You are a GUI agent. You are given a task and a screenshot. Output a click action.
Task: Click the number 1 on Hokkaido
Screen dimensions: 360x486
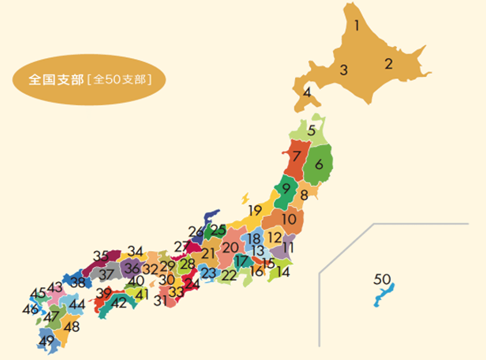point(357,26)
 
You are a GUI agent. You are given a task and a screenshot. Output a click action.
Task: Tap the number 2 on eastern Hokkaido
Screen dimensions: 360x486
point(388,64)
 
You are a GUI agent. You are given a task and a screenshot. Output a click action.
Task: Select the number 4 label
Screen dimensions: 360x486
point(307,93)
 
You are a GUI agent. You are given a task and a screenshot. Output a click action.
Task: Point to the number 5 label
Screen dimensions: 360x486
point(311,131)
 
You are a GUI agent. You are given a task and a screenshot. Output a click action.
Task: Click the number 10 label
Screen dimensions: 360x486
point(289,219)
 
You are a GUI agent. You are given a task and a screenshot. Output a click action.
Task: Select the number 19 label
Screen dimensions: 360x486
point(255,210)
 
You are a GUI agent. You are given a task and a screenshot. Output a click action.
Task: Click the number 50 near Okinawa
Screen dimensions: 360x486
point(382,280)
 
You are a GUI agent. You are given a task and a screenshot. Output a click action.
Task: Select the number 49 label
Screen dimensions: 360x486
point(46,341)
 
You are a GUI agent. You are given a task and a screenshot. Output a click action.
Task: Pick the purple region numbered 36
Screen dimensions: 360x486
point(132,268)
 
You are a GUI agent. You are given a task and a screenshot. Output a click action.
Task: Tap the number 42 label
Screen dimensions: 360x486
point(118,303)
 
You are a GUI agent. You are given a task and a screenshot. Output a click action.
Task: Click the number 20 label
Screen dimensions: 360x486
point(230,248)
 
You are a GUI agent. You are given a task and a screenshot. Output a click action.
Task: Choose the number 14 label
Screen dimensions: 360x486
point(283,272)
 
